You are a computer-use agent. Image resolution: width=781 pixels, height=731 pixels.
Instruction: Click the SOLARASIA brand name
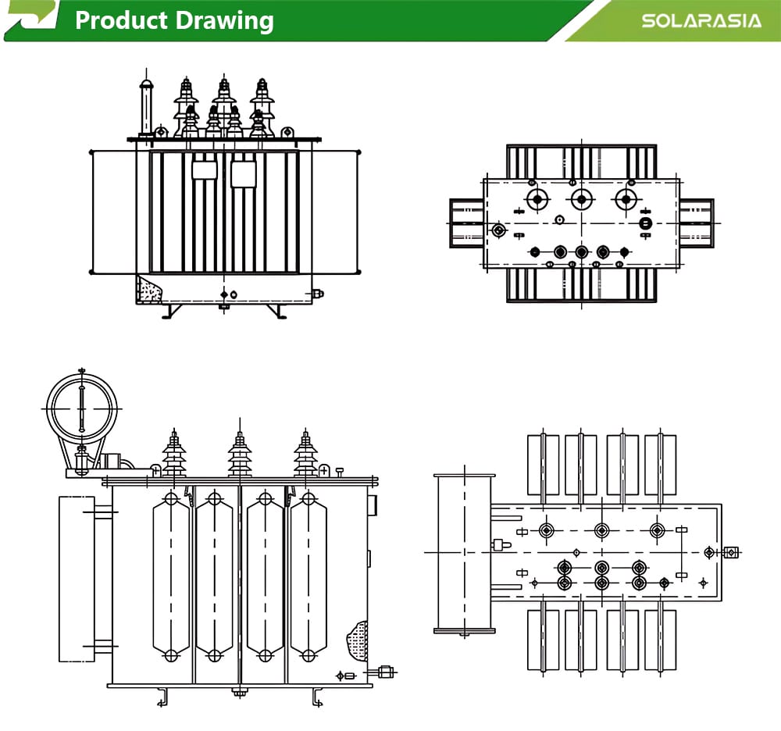[701, 20]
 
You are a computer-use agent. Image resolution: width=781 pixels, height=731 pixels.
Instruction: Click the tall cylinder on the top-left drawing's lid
[145, 109]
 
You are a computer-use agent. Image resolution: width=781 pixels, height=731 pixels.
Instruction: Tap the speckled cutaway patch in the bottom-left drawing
[358, 640]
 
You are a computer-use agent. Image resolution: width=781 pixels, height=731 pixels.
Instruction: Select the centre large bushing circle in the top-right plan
[580, 200]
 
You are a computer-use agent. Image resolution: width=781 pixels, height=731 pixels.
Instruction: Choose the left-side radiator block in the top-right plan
[466, 223]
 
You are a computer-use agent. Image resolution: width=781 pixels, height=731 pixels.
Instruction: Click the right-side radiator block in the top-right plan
[696, 223]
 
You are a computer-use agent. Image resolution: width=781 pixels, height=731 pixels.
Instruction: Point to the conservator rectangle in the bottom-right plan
[465, 552]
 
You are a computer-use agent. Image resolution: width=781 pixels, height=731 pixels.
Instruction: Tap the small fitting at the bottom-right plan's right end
[732, 553]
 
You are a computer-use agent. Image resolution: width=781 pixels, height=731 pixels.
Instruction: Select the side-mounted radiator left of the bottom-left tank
[77, 579]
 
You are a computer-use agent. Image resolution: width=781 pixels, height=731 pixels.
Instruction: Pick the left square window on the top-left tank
[203, 170]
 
